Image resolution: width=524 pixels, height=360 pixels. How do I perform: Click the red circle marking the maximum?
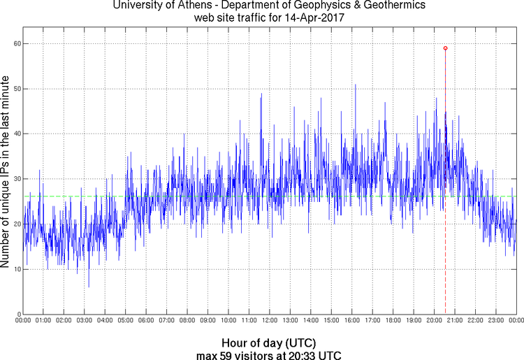(445, 48)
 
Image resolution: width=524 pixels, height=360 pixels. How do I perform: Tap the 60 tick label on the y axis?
(16, 43)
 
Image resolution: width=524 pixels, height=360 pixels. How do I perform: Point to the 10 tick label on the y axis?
(16, 269)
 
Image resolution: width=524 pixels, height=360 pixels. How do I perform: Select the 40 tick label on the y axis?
(16, 134)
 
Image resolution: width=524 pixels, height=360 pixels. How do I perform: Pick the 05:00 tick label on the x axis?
(125, 321)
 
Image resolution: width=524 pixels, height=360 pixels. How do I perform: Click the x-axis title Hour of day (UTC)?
(269, 343)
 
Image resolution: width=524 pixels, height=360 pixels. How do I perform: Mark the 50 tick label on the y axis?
(16, 89)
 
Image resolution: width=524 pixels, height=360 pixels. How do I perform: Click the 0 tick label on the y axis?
(18, 314)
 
